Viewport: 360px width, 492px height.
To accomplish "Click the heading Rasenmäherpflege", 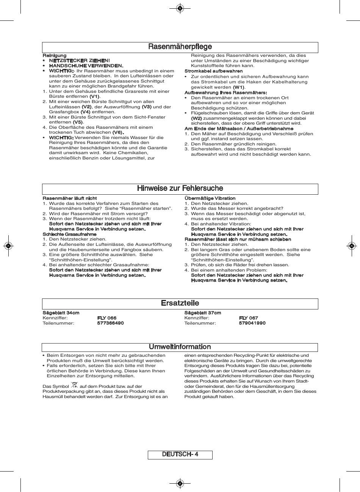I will coord(180,47).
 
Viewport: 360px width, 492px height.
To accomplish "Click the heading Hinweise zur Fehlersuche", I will coord(180,189).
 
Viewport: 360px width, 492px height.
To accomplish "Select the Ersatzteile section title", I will coord(180,303).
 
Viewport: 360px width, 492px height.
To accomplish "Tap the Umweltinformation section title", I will coord(180,347).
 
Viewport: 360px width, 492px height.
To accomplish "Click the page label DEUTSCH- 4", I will coord(180,455).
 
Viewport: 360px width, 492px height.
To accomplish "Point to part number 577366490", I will coord(110,323).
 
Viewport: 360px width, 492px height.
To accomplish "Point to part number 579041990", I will coord(252,323).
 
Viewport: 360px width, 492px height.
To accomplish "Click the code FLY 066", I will coord(107,318).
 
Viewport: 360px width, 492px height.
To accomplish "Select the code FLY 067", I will coord(249,318).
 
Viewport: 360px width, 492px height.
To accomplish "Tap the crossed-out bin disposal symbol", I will coord(74,385).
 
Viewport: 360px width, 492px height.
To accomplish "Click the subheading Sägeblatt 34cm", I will coord(61,313).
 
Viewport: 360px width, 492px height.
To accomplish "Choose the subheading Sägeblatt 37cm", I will coord(203,313).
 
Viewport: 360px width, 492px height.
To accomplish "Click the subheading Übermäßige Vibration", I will coord(210,198).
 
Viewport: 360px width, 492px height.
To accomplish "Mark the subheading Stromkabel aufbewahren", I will coord(214,71).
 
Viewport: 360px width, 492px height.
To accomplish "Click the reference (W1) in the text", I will coord(239,87).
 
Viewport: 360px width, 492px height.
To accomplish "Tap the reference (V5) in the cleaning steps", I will coord(78,122).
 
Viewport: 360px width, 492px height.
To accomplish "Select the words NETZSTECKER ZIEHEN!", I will coord(79,61).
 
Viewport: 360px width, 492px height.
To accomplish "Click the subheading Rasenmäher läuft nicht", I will coord(70,198).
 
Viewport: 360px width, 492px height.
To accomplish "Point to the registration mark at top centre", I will coord(180,8).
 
